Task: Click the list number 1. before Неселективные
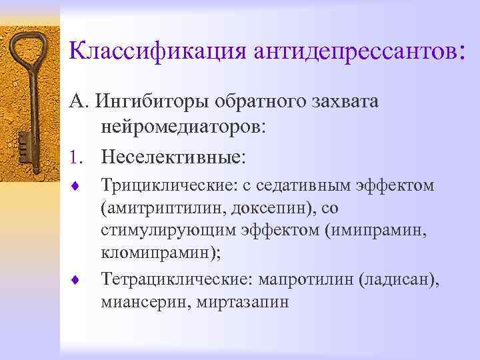click(79, 157)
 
